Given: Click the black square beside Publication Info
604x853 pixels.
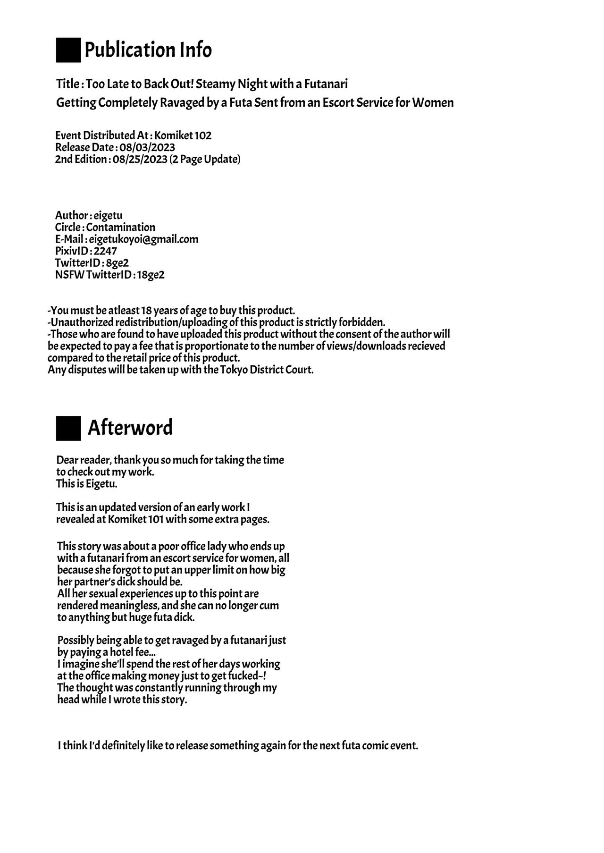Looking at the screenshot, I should click(68, 50).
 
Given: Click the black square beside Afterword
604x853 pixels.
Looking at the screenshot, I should click(68, 428).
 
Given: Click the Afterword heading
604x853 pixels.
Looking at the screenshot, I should click(130, 428).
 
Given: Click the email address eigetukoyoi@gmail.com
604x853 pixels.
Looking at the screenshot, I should click(143, 239).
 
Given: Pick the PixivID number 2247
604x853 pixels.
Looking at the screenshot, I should click(105, 251).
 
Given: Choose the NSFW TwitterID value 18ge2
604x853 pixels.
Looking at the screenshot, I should click(151, 275).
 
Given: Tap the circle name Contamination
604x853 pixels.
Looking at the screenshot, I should click(120, 227).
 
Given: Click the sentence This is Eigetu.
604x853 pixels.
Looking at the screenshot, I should click(87, 484).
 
